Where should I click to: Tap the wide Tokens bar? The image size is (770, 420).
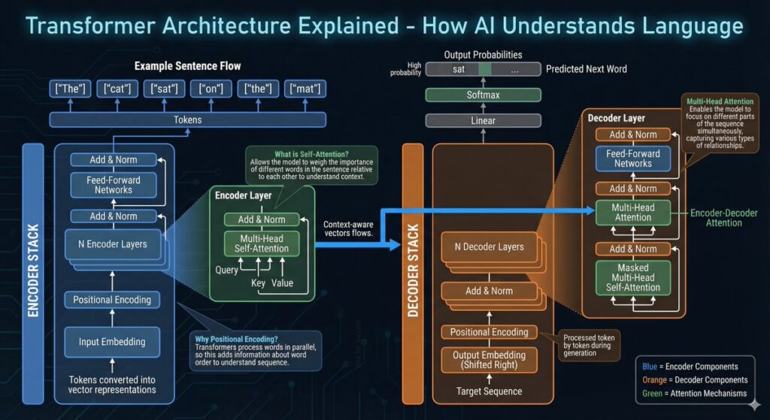tap(187, 119)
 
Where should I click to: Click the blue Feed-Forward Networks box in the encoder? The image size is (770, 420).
tap(114, 185)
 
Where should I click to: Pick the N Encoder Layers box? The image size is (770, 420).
tap(113, 243)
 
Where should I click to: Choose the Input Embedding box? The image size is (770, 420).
tap(112, 342)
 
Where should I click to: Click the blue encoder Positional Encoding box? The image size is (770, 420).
tap(112, 300)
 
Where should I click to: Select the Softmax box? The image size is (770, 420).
tap(483, 95)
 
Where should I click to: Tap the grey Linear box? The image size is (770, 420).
tap(483, 120)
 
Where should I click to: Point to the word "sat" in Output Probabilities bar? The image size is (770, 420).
tap(458, 69)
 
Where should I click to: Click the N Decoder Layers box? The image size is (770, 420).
tap(493, 246)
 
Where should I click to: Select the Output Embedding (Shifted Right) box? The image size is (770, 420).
tap(489, 359)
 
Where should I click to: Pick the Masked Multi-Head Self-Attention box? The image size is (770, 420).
tap(632, 277)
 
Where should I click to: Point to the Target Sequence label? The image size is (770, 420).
tap(489, 391)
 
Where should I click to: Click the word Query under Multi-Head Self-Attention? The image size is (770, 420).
tap(227, 270)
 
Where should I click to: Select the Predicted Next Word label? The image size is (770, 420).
tap(587, 69)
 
